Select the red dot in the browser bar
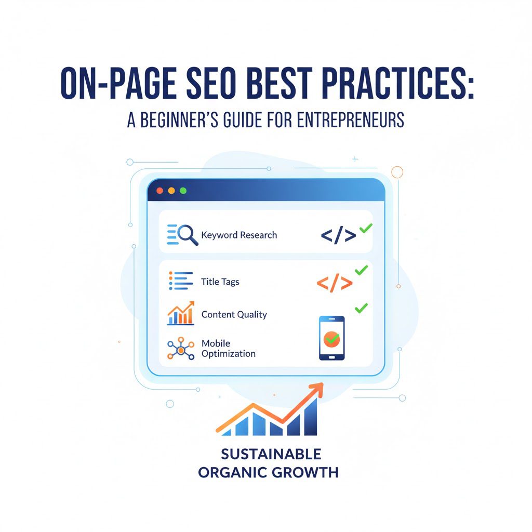click(x=159, y=191)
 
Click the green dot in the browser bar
click(x=183, y=191)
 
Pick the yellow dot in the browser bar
click(x=171, y=191)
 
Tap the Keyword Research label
click(x=239, y=235)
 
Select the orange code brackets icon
click(x=335, y=283)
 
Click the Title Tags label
click(x=220, y=282)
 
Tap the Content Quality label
click(x=234, y=314)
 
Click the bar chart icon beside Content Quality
click(x=180, y=313)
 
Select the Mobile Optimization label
click(x=229, y=349)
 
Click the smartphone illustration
click(x=331, y=338)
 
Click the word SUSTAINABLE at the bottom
click(x=271, y=454)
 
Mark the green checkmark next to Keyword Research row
click(x=366, y=227)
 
